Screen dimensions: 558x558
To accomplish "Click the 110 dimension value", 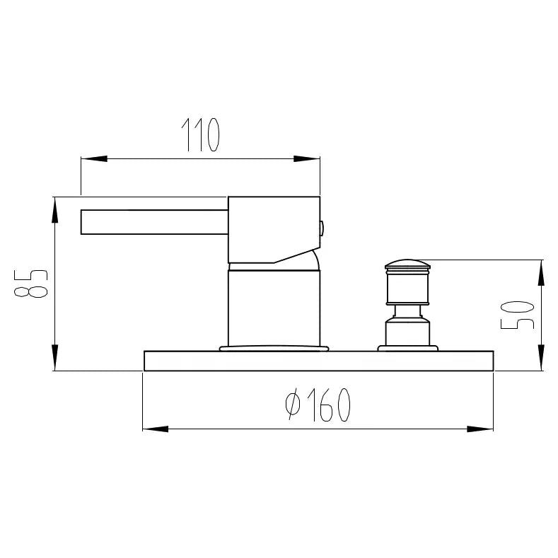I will point(202,136).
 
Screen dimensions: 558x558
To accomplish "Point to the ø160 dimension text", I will point(318,406).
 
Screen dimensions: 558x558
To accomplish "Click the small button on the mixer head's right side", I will point(322,228).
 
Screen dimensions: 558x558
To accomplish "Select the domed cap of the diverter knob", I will point(407,265).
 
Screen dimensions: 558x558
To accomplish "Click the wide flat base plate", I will point(318,361).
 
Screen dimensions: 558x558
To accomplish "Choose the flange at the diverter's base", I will point(407,347).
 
